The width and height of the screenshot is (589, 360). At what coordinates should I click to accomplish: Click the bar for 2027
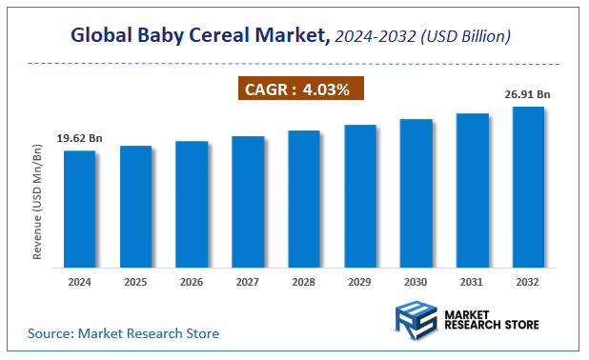click(x=248, y=201)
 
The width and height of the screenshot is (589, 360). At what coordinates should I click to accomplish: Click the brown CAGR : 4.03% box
click(x=299, y=90)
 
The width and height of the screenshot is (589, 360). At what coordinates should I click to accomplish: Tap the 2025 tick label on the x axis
click(x=135, y=283)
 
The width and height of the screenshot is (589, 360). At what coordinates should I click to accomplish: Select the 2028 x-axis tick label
click(x=304, y=283)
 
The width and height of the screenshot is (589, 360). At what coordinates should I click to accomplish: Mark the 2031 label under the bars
click(x=473, y=283)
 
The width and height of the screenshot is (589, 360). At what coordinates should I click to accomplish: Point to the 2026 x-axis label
click(x=192, y=283)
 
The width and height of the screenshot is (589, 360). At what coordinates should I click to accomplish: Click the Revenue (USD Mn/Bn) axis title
click(x=38, y=204)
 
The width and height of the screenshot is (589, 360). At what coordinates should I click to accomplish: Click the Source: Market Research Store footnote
click(x=123, y=333)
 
